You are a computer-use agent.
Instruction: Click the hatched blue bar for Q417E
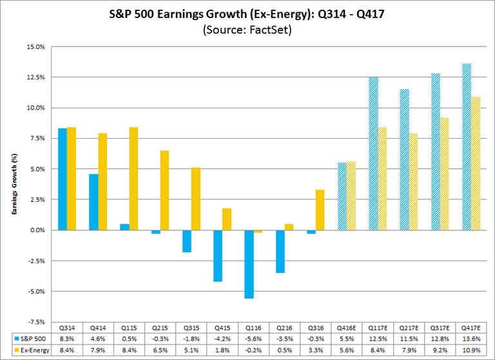tap(467, 146)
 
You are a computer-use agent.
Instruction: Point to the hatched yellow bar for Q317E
tap(445, 174)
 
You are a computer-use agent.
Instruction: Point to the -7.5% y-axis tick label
tap(35, 321)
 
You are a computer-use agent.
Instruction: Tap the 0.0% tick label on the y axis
tap(37, 230)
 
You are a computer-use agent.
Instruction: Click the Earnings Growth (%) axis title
tap(14, 184)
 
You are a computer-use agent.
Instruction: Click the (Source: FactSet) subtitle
tap(247, 30)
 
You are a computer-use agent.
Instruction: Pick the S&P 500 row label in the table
tap(32, 337)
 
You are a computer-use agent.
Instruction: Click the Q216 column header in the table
tap(284, 326)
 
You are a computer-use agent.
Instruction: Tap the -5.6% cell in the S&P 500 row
tap(253, 337)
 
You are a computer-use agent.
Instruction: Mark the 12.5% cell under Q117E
tap(378, 337)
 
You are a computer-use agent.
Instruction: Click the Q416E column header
tap(347, 326)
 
